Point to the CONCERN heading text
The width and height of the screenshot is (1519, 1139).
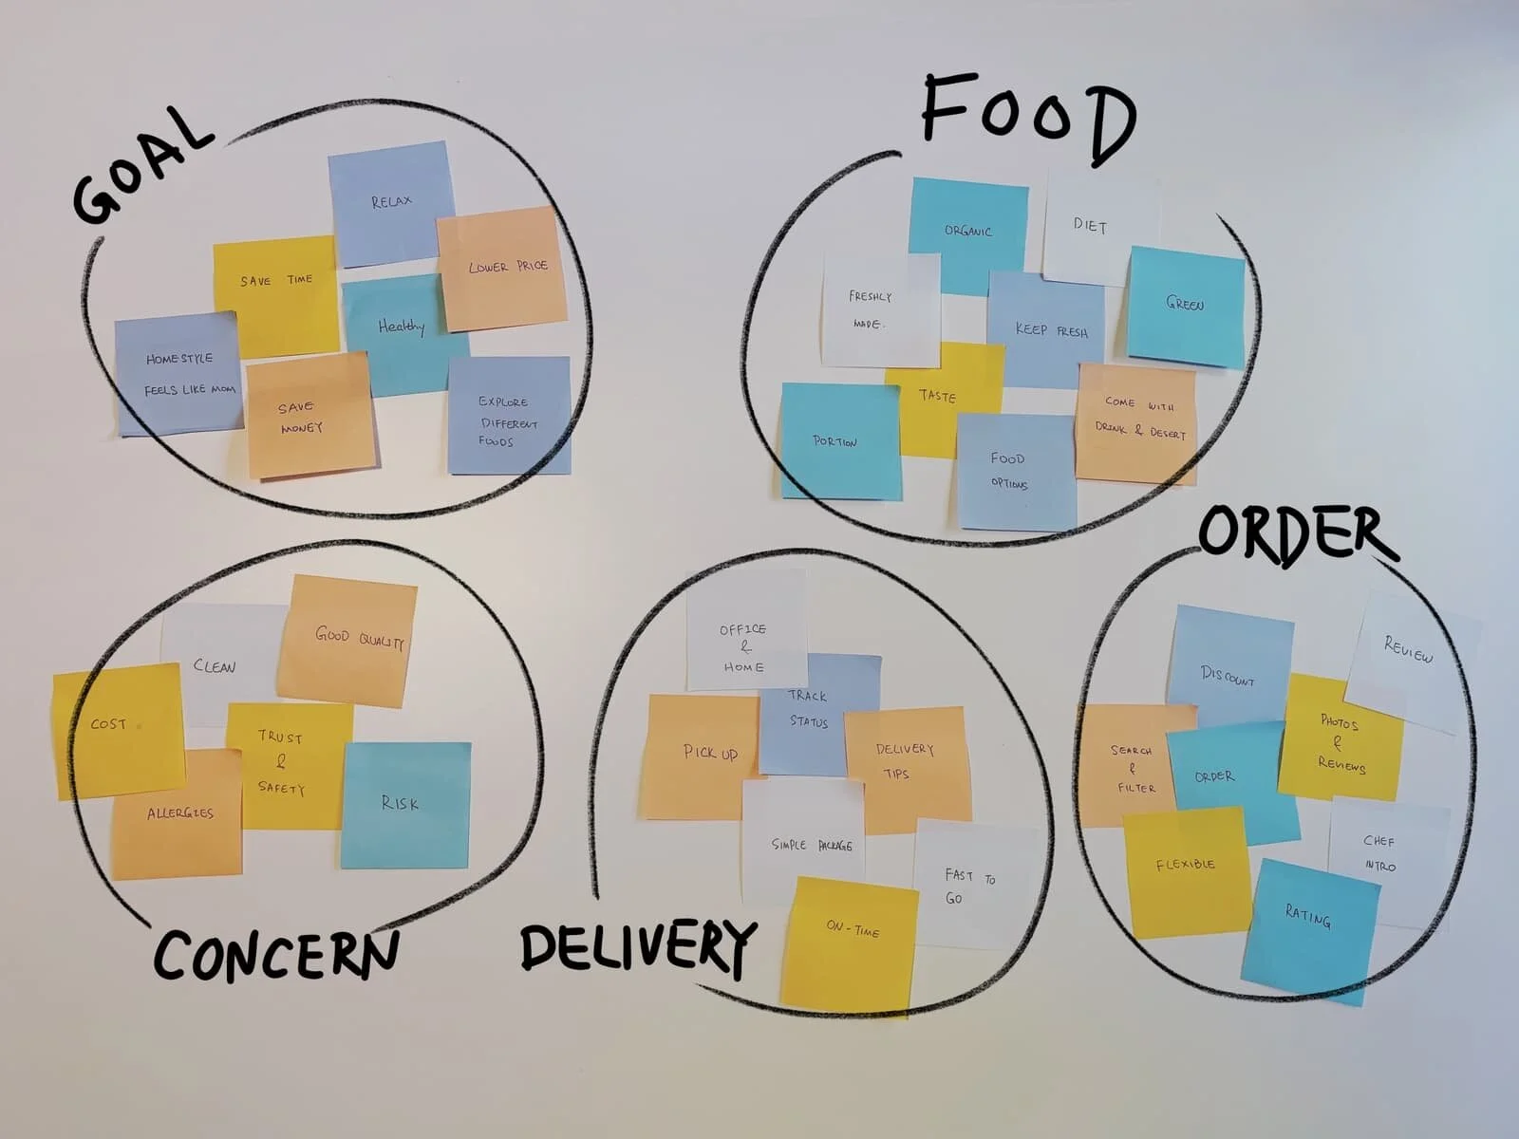275,954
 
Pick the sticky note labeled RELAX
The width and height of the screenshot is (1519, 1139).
390,202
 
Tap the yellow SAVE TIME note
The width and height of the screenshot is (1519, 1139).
274,285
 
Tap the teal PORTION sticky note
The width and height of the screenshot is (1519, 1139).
836,441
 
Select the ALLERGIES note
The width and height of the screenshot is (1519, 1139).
178,814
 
